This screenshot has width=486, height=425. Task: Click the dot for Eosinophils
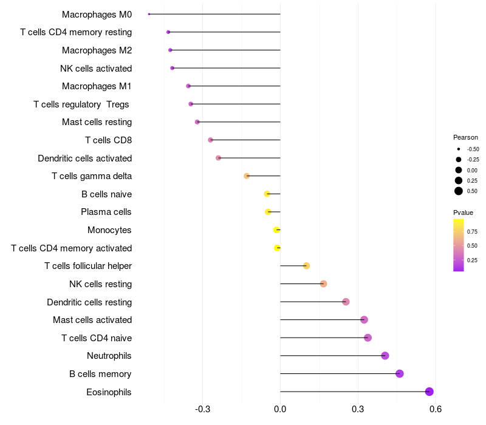[x=430, y=392]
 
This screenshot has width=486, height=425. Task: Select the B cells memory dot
[x=400, y=373]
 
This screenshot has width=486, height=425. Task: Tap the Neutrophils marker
[x=385, y=356]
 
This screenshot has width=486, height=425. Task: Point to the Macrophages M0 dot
[x=149, y=14]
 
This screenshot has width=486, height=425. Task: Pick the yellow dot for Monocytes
[x=277, y=229]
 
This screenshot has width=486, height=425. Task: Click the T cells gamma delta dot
[x=247, y=176]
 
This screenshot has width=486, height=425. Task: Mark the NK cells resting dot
[x=323, y=284]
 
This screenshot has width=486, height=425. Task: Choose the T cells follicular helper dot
[x=306, y=266]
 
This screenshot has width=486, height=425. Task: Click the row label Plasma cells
[x=106, y=212]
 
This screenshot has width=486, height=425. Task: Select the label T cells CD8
[x=108, y=140]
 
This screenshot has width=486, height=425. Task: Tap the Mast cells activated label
[x=92, y=320]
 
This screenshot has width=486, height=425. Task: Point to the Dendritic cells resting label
[x=89, y=302]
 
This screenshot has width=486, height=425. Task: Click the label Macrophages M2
[x=97, y=50]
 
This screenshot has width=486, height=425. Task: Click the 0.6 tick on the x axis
[x=435, y=409]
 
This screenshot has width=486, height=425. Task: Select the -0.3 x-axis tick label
[x=202, y=409]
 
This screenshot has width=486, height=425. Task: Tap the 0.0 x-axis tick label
[x=280, y=409]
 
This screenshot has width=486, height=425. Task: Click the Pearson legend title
[x=465, y=137]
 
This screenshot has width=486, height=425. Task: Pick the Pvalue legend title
[x=463, y=212]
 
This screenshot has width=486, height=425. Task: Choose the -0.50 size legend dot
[x=459, y=149]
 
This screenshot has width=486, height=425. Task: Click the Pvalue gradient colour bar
[x=459, y=245]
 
